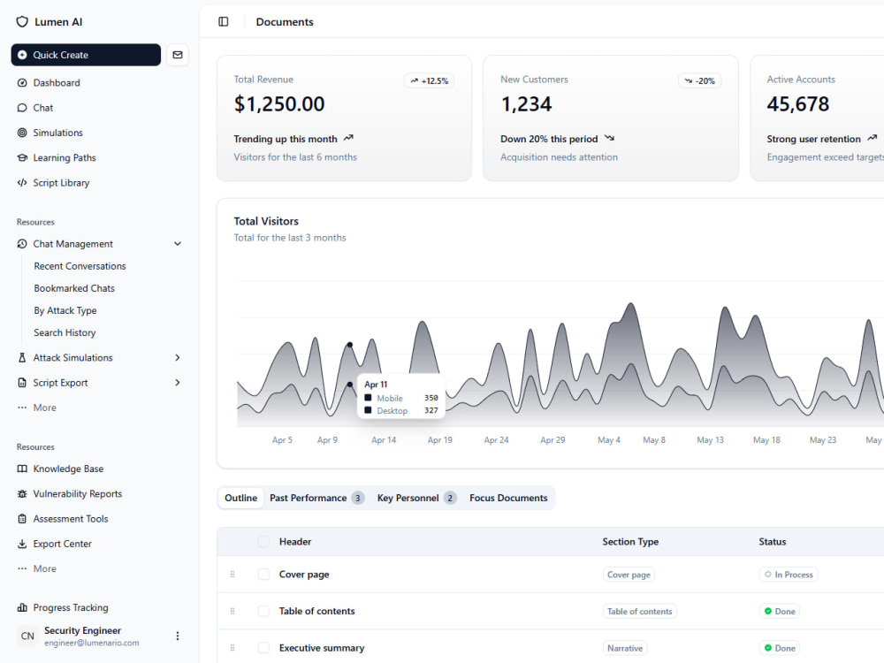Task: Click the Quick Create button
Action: point(86,55)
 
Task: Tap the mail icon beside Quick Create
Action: point(178,55)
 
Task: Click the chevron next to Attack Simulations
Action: point(178,357)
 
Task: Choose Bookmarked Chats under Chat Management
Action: point(74,288)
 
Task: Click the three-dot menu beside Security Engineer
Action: point(178,636)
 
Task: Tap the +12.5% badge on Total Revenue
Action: point(429,80)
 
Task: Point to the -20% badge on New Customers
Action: point(699,80)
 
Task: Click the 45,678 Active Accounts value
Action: point(797,103)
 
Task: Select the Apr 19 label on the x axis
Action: point(439,439)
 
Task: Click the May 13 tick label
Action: point(711,439)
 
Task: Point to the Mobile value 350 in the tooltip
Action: point(431,398)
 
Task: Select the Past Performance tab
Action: point(316,498)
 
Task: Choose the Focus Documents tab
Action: point(508,498)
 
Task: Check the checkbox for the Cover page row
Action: point(263,575)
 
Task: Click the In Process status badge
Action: point(789,575)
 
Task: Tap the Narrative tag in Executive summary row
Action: point(625,648)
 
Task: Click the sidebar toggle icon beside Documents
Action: point(224,21)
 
